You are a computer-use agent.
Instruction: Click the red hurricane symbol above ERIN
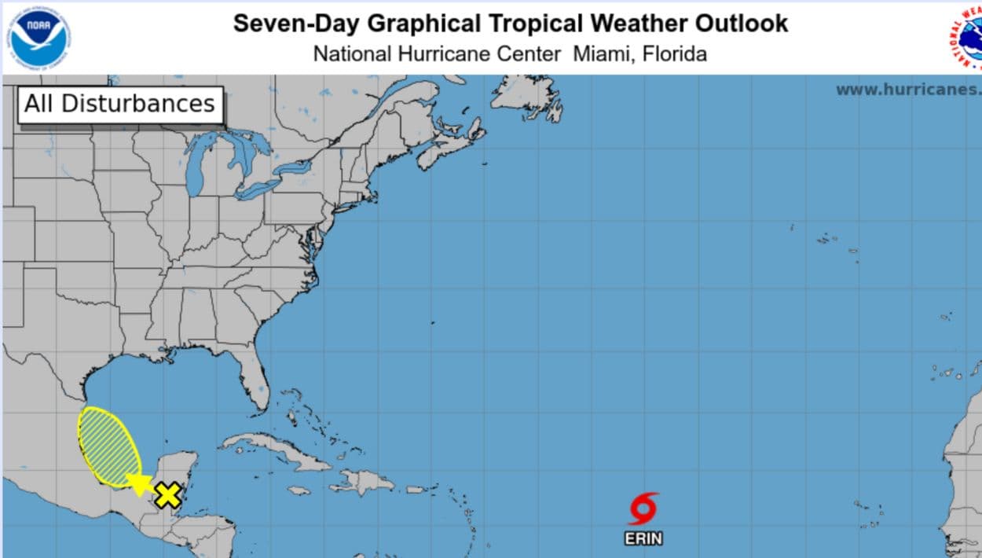pyautogui.click(x=643, y=509)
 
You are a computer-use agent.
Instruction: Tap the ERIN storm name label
pyautogui.click(x=643, y=538)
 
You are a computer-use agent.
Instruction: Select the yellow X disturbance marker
pyautogui.click(x=167, y=495)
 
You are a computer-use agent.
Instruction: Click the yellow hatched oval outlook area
pyautogui.click(x=108, y=444)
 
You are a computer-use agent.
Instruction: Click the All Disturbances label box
pyautogui.click(x=120, y=105)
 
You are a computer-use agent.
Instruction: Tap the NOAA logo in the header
pyautogui.click(x=39, y=38)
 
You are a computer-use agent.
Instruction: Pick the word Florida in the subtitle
pyautogui.click(x=675, y=53)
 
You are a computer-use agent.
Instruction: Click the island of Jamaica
pyautogui.click(x=299, y=490)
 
